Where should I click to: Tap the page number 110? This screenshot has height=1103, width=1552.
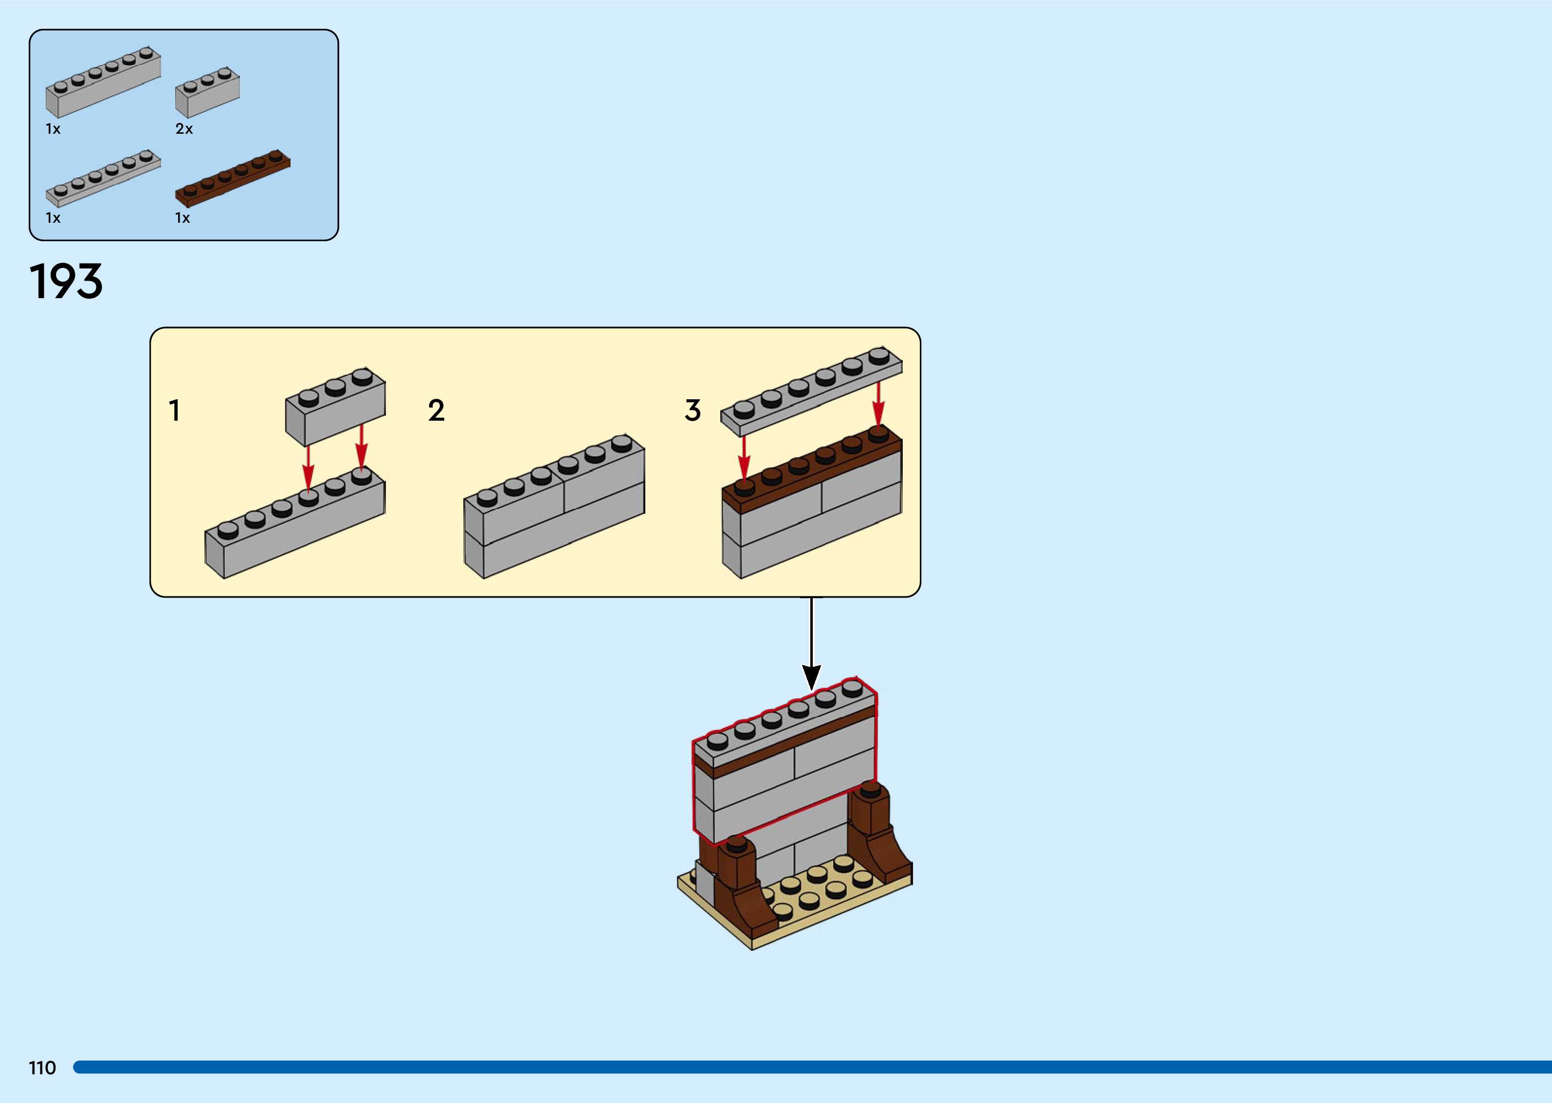click(x=42, y=1067)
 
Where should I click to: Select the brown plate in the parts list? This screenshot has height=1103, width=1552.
click(x=233, y=178)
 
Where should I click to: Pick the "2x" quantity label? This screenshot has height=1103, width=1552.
click(x=184, y=129)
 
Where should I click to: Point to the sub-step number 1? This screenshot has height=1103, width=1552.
click(x=175, y=410)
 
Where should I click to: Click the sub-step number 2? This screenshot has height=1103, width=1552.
click(x=436, y=410)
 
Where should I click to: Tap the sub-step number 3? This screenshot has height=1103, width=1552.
click(x=693, y=410)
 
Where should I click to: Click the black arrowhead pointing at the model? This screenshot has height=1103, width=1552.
click(x=811, y=676)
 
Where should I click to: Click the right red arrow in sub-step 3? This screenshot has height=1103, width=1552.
click(x=878, y=404)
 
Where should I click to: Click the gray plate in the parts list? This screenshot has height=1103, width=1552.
click(x=103, y=178)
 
